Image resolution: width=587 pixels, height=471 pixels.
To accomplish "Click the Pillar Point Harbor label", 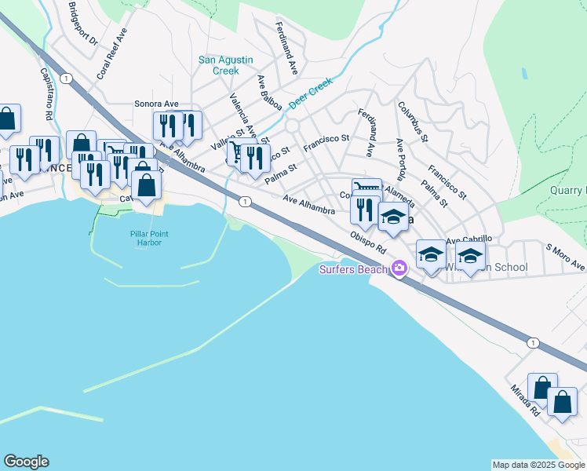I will click(146, 237).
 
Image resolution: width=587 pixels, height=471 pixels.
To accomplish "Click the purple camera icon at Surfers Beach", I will click(399, 269).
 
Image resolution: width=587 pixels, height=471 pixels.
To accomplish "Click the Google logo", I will click(26, 462).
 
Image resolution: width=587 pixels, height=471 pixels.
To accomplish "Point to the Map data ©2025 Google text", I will click(538, 465).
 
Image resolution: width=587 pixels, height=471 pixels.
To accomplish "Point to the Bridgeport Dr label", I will click(82, 23).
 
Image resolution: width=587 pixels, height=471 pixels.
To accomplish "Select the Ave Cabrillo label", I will click(469, 239).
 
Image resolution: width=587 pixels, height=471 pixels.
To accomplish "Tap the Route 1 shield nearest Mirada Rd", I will click(533, 343).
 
